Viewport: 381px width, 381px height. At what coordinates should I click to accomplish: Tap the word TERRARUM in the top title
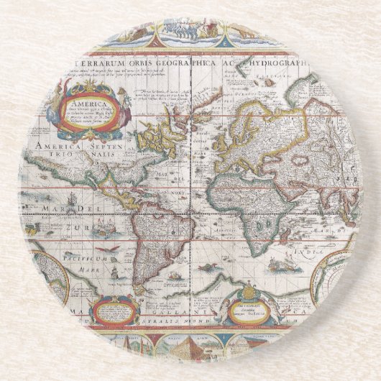[x=100, y=62]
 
